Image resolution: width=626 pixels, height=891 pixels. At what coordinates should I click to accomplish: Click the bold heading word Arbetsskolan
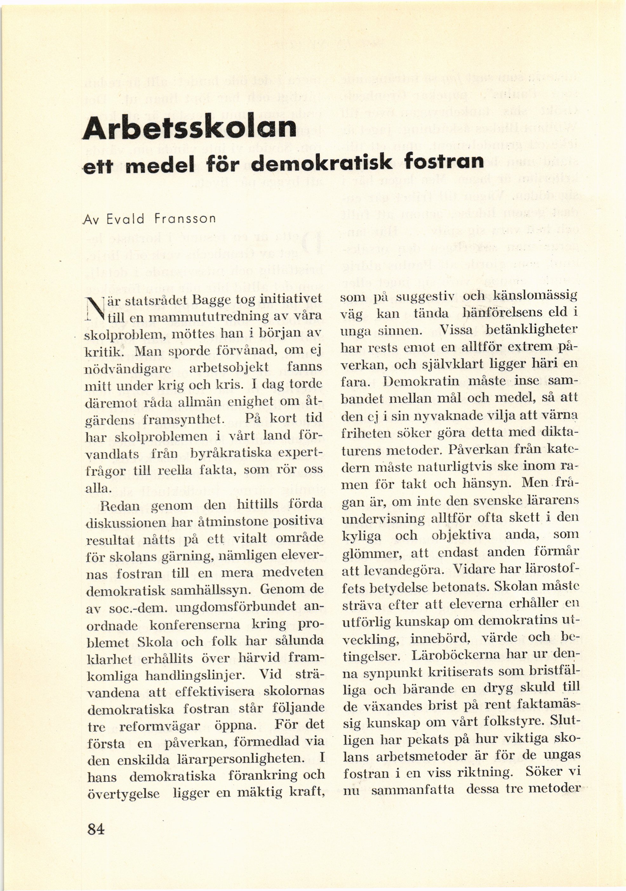(189, 127)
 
